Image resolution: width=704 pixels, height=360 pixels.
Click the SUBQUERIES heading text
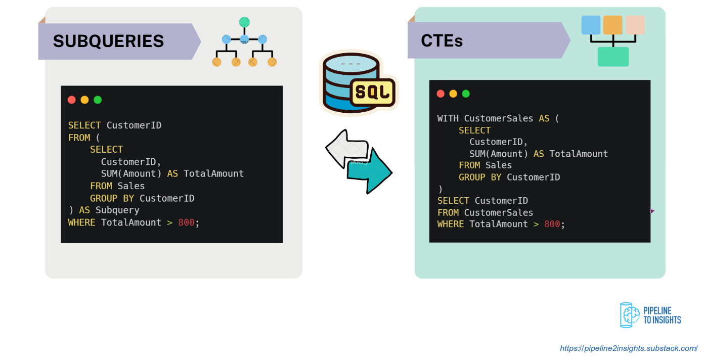tap(108, 41)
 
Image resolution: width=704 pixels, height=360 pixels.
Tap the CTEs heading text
tap(442, 40)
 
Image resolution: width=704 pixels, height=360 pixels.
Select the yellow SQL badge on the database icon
tap(373, 92)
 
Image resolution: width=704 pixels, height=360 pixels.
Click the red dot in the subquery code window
tap(72, 100)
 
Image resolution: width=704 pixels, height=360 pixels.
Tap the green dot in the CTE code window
tap(466, 94)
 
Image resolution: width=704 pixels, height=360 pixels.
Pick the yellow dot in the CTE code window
tap(453, 94)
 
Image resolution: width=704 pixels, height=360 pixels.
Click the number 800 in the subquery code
tap(186, 222)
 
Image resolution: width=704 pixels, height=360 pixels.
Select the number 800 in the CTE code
tap(552, 224)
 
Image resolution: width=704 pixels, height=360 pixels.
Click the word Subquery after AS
tap(117, 210)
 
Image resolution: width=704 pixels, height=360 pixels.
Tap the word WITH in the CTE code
tap(448, 118)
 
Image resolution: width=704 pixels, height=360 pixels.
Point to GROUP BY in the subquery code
tap(112, 198)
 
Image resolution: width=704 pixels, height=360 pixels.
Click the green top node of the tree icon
tap(244, 22)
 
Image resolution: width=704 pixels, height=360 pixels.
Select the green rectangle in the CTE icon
tap(613, 57)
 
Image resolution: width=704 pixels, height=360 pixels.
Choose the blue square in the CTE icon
tap(591, 25)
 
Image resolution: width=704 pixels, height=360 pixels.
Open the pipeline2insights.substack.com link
tap(629, 348)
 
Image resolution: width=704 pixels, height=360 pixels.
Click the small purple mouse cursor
tap(652, 211)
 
